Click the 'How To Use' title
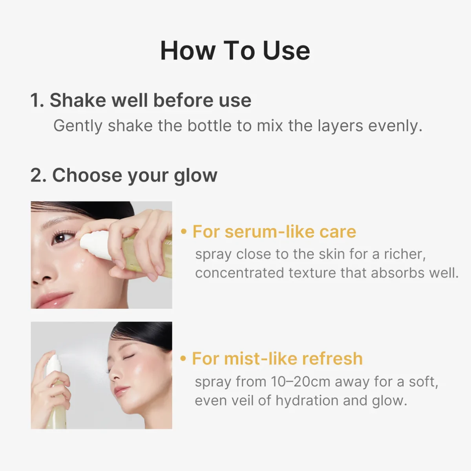pos(235,51)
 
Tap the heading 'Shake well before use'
pos(150,100)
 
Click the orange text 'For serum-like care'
pos(274,232)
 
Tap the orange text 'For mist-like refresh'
pos(277,359)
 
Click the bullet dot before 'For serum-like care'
pos(183,232)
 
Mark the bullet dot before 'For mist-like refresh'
pos(183,358)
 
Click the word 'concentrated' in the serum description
pos(239,273)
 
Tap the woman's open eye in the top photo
pos(60,237)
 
